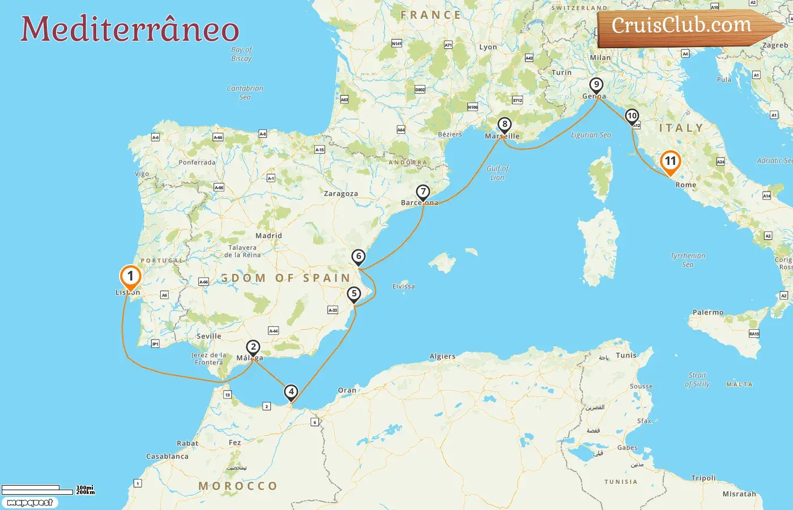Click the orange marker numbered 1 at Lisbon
tap(130, 277)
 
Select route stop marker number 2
tap(253, 347)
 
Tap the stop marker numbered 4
tap(291, 392)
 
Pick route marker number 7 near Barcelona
tap(423, 192)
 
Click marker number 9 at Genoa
tap(596, 85)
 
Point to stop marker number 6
tap(359, 257)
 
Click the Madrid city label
tap(268, 236)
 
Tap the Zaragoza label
tap(340, 194)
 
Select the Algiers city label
tap(442, 356)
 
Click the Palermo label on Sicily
tap(707, 312)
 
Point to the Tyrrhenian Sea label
tap(688, 260)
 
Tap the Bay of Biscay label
tap(241, 54)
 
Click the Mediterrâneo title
tap(130, 29)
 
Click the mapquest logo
tap(29, 503)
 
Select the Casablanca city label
tap(167, 456)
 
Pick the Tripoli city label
tap(704, 478)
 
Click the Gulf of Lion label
tap(497, 173)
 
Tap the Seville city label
tap(208, 336)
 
